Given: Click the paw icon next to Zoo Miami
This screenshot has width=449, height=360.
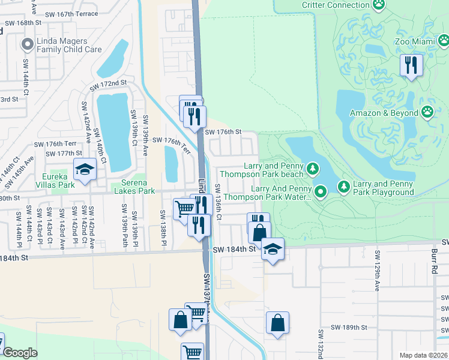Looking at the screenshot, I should tap(444, 41).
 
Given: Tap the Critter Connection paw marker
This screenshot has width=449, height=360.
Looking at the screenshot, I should tap(379, 5).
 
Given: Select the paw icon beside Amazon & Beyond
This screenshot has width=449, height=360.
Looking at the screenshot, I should tap(427, 113).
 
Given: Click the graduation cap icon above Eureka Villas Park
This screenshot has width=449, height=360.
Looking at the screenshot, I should tap(85, 170).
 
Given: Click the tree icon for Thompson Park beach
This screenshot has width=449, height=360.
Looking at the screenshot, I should tap(312, 170).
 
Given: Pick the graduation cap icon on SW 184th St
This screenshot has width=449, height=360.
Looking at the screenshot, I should tap(273, 249).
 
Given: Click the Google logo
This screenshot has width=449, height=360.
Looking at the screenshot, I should tap(20, 353).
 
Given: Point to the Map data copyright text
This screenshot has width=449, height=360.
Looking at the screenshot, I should tap(424, 355).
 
